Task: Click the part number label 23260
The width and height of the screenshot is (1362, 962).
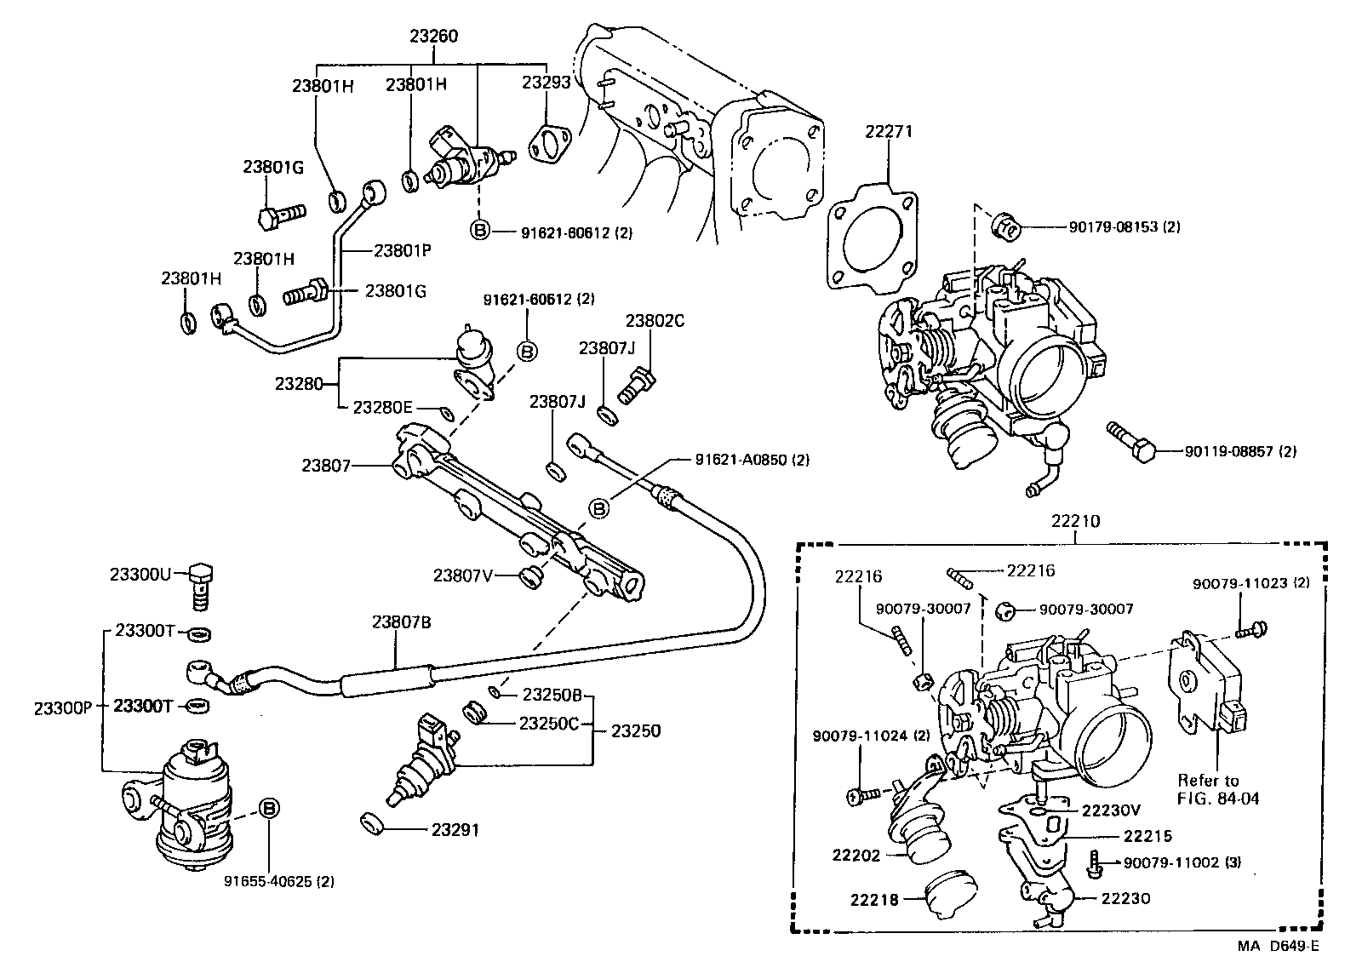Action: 433,37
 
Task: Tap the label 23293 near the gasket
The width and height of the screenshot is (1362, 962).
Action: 545,83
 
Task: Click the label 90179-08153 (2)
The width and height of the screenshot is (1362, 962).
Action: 1124,227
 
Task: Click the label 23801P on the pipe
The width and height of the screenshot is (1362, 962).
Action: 402,251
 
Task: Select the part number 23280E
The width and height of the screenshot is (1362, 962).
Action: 382,408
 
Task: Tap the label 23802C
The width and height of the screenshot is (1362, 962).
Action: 655,321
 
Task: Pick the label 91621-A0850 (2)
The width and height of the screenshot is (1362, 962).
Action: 752,460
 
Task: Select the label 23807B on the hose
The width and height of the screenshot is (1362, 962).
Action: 401,622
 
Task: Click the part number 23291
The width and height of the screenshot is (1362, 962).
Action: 455,828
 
